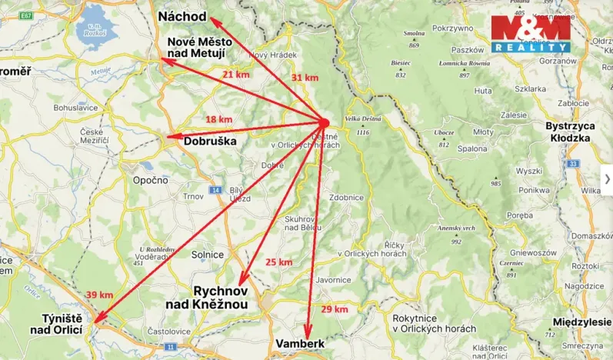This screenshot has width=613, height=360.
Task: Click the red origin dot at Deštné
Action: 324,122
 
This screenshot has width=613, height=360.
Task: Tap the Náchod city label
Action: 182,17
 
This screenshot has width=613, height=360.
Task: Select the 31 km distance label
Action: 305,78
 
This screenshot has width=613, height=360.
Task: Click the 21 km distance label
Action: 235,75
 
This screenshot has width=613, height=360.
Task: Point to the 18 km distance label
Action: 218,119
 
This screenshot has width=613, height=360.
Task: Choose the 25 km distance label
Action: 278,262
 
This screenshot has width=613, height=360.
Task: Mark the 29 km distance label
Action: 335,308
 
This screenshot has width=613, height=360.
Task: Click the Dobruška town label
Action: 208,142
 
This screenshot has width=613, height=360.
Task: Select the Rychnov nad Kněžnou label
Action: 209,298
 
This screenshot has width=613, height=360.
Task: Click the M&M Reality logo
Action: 531,35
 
